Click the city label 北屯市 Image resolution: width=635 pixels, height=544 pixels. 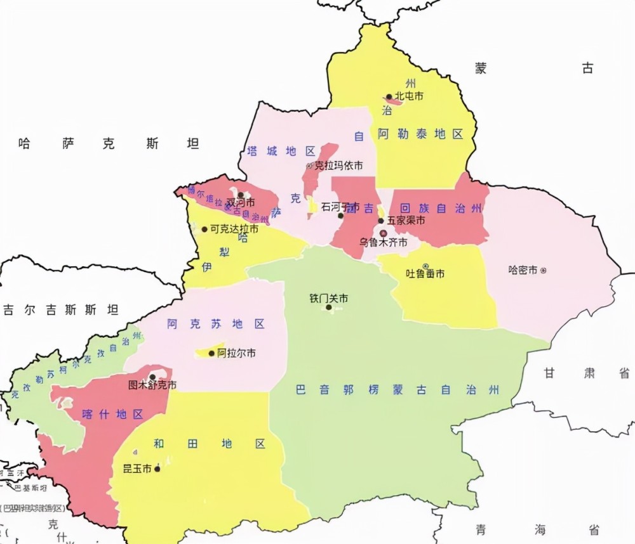[409, 96]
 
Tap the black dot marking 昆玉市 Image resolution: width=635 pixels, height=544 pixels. [157, 469]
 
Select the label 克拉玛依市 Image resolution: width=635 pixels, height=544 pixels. [338, 165]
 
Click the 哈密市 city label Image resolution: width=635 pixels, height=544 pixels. [523, 270]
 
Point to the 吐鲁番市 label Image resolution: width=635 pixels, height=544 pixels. [425, 274]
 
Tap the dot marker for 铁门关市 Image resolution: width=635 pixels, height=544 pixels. [329, 308]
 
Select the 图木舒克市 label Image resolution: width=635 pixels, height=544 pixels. [152, 385]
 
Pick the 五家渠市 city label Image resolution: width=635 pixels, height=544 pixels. [406, 221]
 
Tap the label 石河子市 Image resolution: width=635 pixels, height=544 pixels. [340, 207]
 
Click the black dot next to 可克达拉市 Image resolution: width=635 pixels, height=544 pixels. [204, 230]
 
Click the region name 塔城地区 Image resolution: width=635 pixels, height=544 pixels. [281, 151]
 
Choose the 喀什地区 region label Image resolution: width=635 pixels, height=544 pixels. [113, 414]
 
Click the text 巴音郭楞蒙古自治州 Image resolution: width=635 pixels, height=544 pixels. [398, 390]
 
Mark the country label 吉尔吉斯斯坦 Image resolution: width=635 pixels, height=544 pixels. [60, 310]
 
